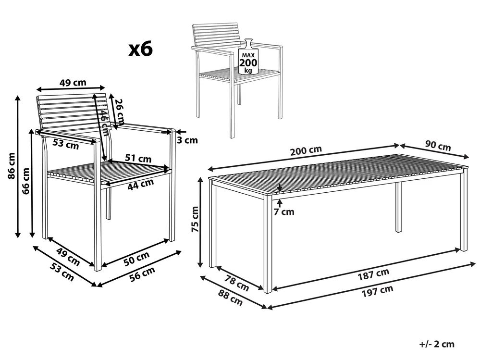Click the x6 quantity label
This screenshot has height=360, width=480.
[140, 49]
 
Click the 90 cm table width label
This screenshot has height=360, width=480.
[438, 146]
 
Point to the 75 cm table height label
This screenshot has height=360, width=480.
[195, 219]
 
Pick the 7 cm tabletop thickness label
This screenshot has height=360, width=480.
[284, 211]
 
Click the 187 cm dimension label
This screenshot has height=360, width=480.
[373, 274]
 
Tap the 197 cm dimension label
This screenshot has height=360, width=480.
[377, 291]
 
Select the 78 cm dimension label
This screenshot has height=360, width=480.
[236, 283]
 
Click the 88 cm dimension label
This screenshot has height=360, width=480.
[230, 297]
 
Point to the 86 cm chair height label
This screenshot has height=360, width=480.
[12, 166]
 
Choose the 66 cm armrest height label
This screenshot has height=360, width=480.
[26, 181]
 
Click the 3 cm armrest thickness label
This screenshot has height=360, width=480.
[187, 140]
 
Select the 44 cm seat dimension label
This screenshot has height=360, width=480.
[140, 184]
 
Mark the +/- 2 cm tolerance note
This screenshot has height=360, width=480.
[437, 344]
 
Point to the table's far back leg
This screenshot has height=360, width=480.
[399, 208]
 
